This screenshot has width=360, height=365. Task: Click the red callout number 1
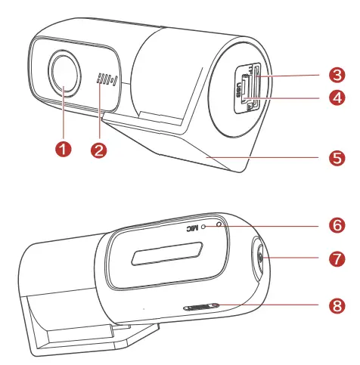click(64, 149)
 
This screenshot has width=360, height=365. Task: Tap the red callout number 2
click(98, 149)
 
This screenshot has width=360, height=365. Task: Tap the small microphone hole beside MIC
click(203, 225)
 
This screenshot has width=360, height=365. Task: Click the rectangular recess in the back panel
click(167, 254)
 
